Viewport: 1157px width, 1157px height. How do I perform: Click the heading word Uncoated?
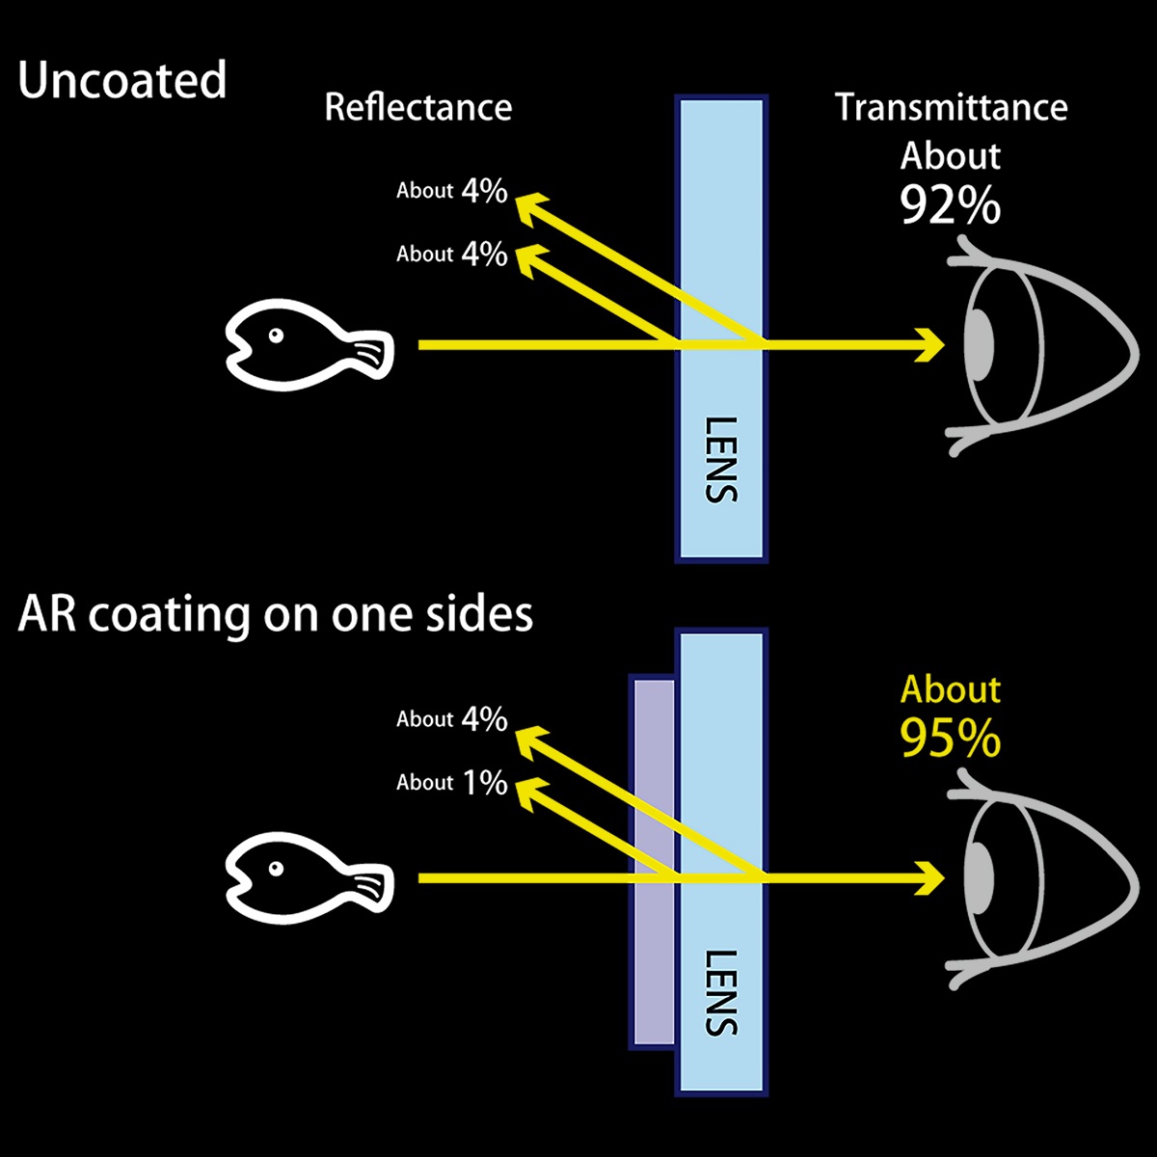click(x=122, y=80)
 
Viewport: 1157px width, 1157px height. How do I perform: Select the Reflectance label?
click(x=417, y=107)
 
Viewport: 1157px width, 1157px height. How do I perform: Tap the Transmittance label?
click(x=951, y=107)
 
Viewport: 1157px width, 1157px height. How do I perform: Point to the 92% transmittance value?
click(x=951, y=204)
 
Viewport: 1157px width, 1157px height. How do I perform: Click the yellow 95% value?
click(x=951, y=739)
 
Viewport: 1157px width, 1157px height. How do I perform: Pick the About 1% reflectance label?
click(x=451, y=782)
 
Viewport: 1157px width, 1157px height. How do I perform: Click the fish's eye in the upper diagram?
click(x=276, y=335)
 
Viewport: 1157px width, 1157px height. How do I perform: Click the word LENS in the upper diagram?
click(x=721, y=459)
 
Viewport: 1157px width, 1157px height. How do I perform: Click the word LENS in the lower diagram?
click(x=721, y=993)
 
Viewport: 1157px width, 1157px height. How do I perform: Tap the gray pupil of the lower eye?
click(x=980, y=878)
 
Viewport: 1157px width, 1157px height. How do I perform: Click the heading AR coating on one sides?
click(x=276, y=614)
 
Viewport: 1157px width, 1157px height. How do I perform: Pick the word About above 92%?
click(x=951, y=156)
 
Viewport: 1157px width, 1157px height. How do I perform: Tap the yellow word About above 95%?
click(x=951, y=689)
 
